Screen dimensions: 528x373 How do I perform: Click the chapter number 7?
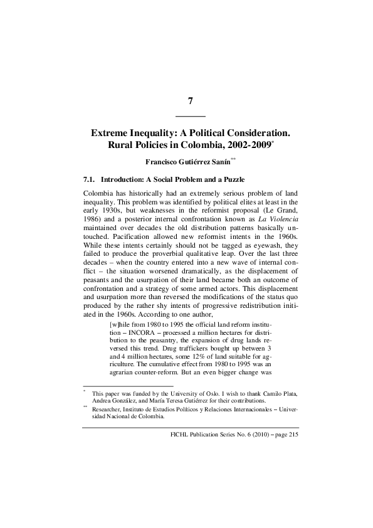pos(190,102)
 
